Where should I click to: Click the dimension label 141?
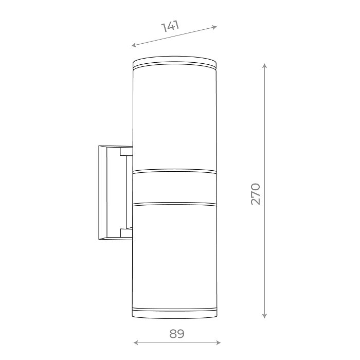[170, 26]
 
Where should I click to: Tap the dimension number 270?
[256, 194]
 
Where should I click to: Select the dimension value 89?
[177, 334]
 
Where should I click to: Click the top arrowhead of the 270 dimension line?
[265, 66]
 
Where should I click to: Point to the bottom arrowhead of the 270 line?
[265, 316]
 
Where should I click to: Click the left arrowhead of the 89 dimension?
[136, 343]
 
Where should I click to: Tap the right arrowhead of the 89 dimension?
[219, 343]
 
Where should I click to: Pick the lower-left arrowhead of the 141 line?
[134, 45]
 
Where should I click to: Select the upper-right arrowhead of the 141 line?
[214, 27]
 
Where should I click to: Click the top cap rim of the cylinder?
[175, 62]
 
